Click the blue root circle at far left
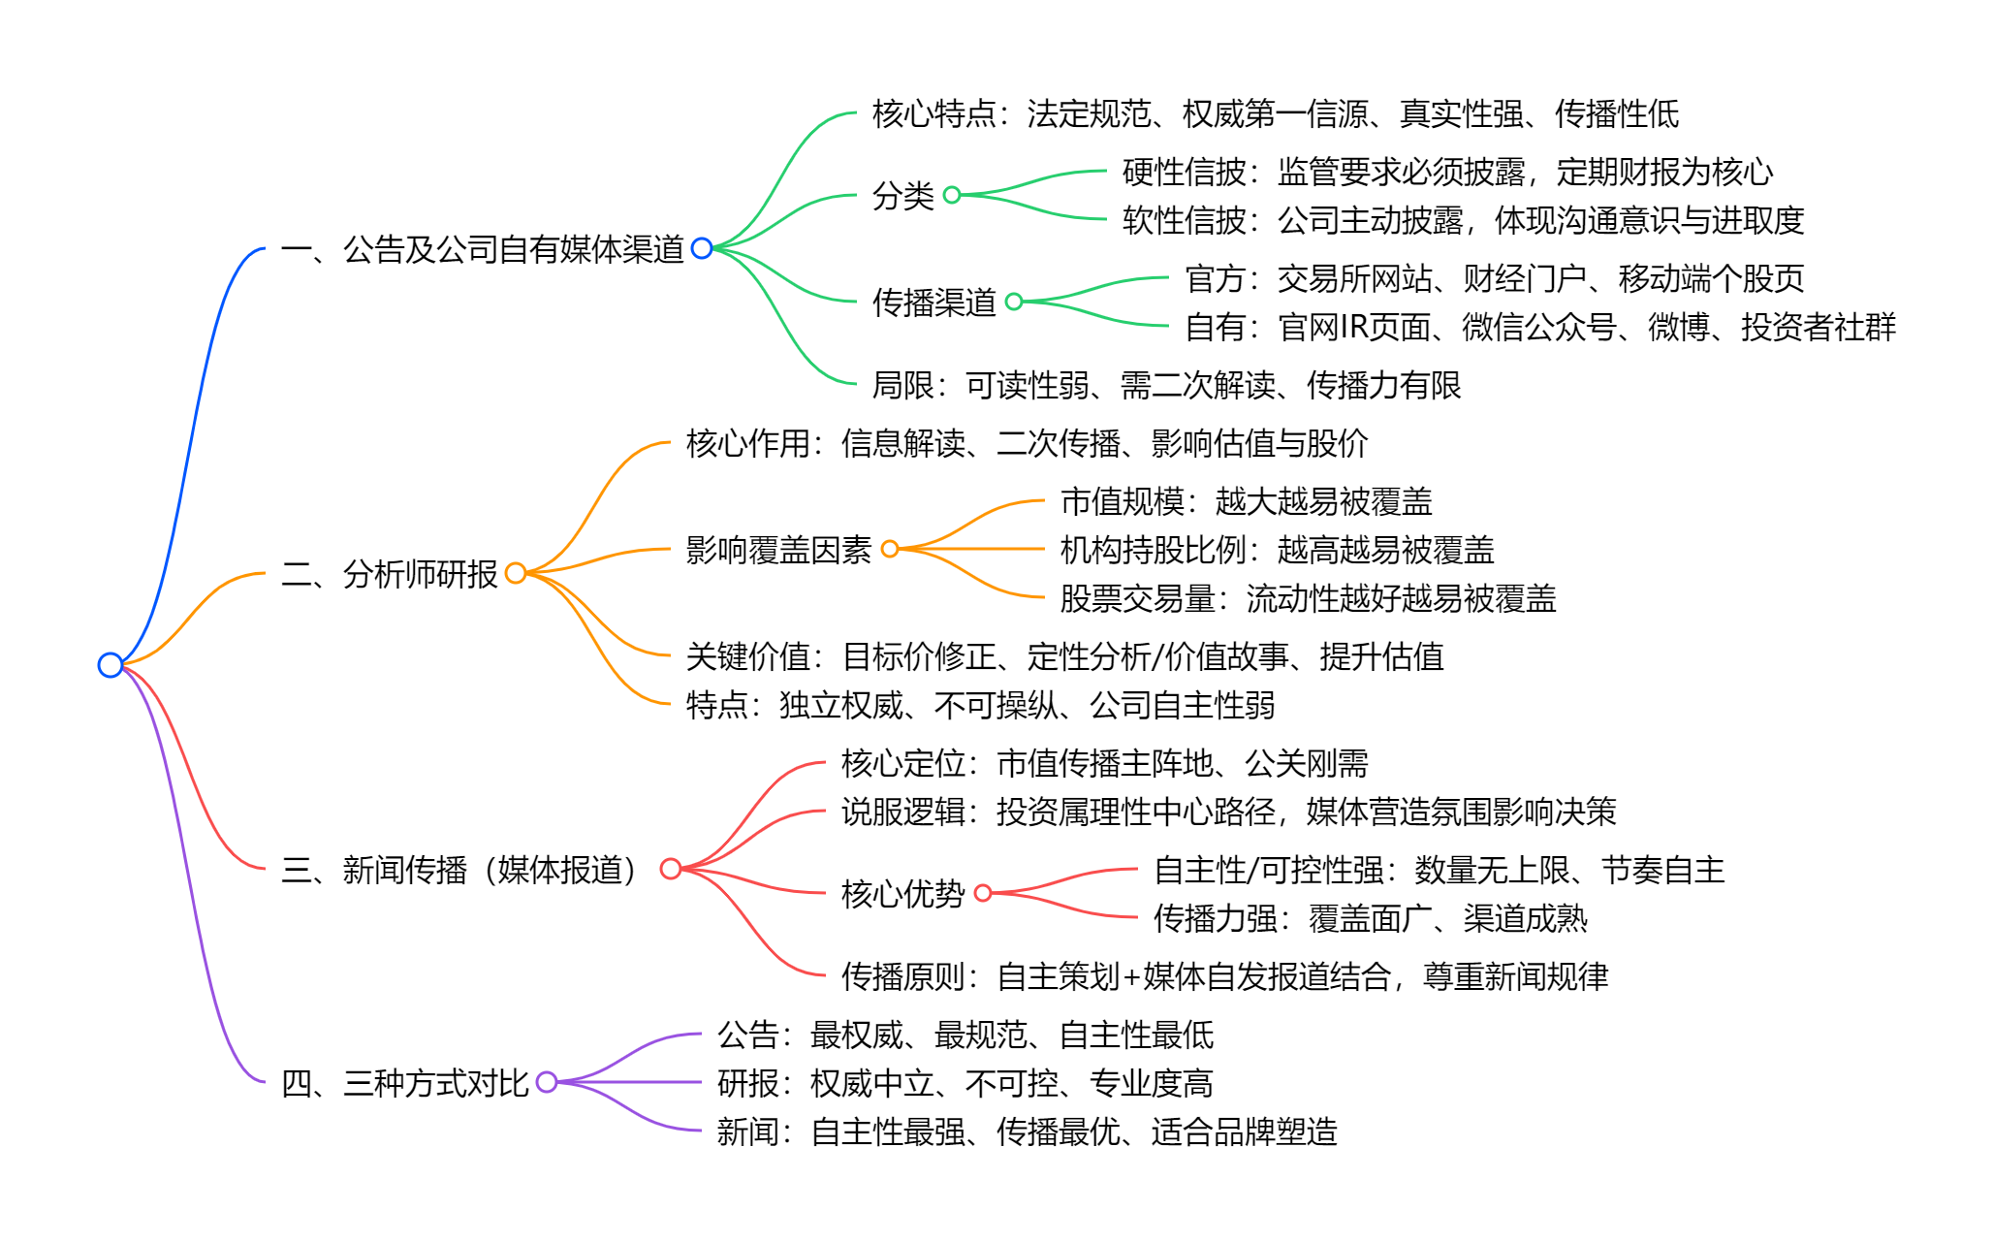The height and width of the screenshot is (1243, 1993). (111, 665)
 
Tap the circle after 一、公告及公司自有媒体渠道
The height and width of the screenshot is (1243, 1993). (702, 249)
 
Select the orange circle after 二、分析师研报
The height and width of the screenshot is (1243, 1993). (516, 573)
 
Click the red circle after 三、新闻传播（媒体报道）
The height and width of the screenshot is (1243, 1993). (670, 869)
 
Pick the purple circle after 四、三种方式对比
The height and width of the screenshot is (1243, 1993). (547, 1082)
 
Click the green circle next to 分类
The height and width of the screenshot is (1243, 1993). (952, 195)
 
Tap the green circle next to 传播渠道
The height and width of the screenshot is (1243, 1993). (1014, 302)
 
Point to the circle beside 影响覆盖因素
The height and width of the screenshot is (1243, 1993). (890, 549)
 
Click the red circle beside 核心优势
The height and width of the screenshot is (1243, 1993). (983, 893)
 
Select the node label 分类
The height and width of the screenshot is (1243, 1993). (903, 196)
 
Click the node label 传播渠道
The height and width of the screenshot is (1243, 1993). (934, 303)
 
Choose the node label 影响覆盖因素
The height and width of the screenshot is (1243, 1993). (779, 550)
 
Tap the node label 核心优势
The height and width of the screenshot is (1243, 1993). (903, 894)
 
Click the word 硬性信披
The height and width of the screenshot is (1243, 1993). (1185, 172)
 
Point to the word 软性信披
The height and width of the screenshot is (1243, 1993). (1185, 220)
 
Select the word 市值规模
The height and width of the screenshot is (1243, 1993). (1123, 501)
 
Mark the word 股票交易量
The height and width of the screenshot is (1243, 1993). (1138, 598)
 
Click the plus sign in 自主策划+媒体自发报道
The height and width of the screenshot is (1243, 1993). (1131, 976)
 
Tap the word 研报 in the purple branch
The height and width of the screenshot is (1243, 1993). (748, 1083)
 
